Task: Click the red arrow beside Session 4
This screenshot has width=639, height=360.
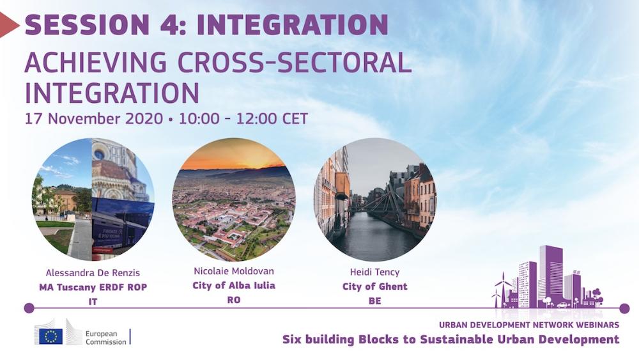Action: tap(8, 25)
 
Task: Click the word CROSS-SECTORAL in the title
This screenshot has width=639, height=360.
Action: tap(294, 63)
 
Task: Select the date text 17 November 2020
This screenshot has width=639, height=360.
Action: tap(94, 119)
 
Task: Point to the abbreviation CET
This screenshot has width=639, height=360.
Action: tap(295, 119)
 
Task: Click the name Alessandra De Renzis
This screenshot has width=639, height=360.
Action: tap(93, 273)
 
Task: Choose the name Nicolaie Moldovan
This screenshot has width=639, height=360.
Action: tap(233, 271)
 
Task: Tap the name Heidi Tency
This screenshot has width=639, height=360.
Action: tap(374, 272)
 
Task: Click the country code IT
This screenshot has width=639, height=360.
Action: tap(93, 302)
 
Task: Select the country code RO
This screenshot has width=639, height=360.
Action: tap(233, 300)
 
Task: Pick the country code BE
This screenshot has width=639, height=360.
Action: tap(374, 301)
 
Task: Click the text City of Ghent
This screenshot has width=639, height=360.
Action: tap(374, 286)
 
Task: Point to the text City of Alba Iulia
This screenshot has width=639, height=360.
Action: tap(233, 285)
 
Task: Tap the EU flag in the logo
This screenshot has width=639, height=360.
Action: tap(51, 336)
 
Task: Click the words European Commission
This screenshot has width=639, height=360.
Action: tap(105, 338)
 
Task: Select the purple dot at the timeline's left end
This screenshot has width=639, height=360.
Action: tap(29, 308)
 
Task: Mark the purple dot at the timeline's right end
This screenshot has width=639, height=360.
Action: tap(624, 309)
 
